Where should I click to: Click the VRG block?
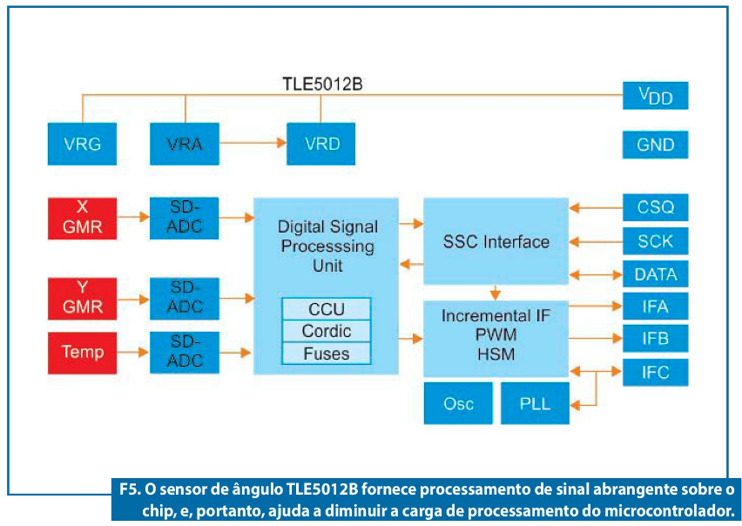(82, 144)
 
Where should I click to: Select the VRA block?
(185, 144)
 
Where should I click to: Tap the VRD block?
(320, 144)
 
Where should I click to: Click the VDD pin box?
(656, 96)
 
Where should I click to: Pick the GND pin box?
(656, 145)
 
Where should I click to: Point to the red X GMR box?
(82, 219)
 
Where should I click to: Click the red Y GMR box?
(82, 299)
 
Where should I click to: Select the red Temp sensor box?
(82, 353)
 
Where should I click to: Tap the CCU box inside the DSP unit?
(326, 309)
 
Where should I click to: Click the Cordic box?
(326, 331)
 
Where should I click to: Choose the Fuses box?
(326, 354)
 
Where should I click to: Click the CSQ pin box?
(656, 207)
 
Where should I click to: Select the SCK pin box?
(656, 241)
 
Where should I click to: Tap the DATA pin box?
(656, 273)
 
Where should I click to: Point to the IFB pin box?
(656, 339)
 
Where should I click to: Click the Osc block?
(458, 403)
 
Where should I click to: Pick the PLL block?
(535, 403)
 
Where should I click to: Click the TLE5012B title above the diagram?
(322, 84)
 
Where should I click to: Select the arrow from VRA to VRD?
(253, 142)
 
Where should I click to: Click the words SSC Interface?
(496, 242)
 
